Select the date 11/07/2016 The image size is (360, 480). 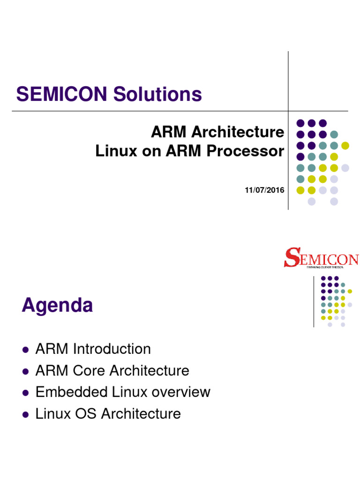[x=264, y=190]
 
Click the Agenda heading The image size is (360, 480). [x=57, y=306]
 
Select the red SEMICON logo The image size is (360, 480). [x=321, y=258]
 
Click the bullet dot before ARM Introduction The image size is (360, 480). [x=26, y=350]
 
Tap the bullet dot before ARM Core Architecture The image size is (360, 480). [x=26, y=371]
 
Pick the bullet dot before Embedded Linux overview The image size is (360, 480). [x=26, y=393]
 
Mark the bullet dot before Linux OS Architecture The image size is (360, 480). [x=26, y=414]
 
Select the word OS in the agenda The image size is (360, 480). [x=87, y=414]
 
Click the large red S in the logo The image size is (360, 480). [x=291, y=258]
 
